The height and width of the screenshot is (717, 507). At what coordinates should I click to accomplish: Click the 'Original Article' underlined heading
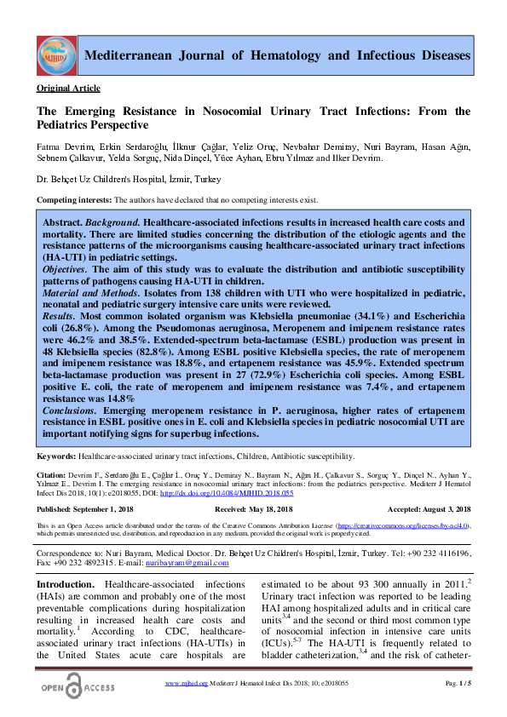click(x=68, y=89)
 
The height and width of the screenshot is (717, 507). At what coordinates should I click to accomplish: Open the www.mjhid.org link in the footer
click(x=186, y=684)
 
